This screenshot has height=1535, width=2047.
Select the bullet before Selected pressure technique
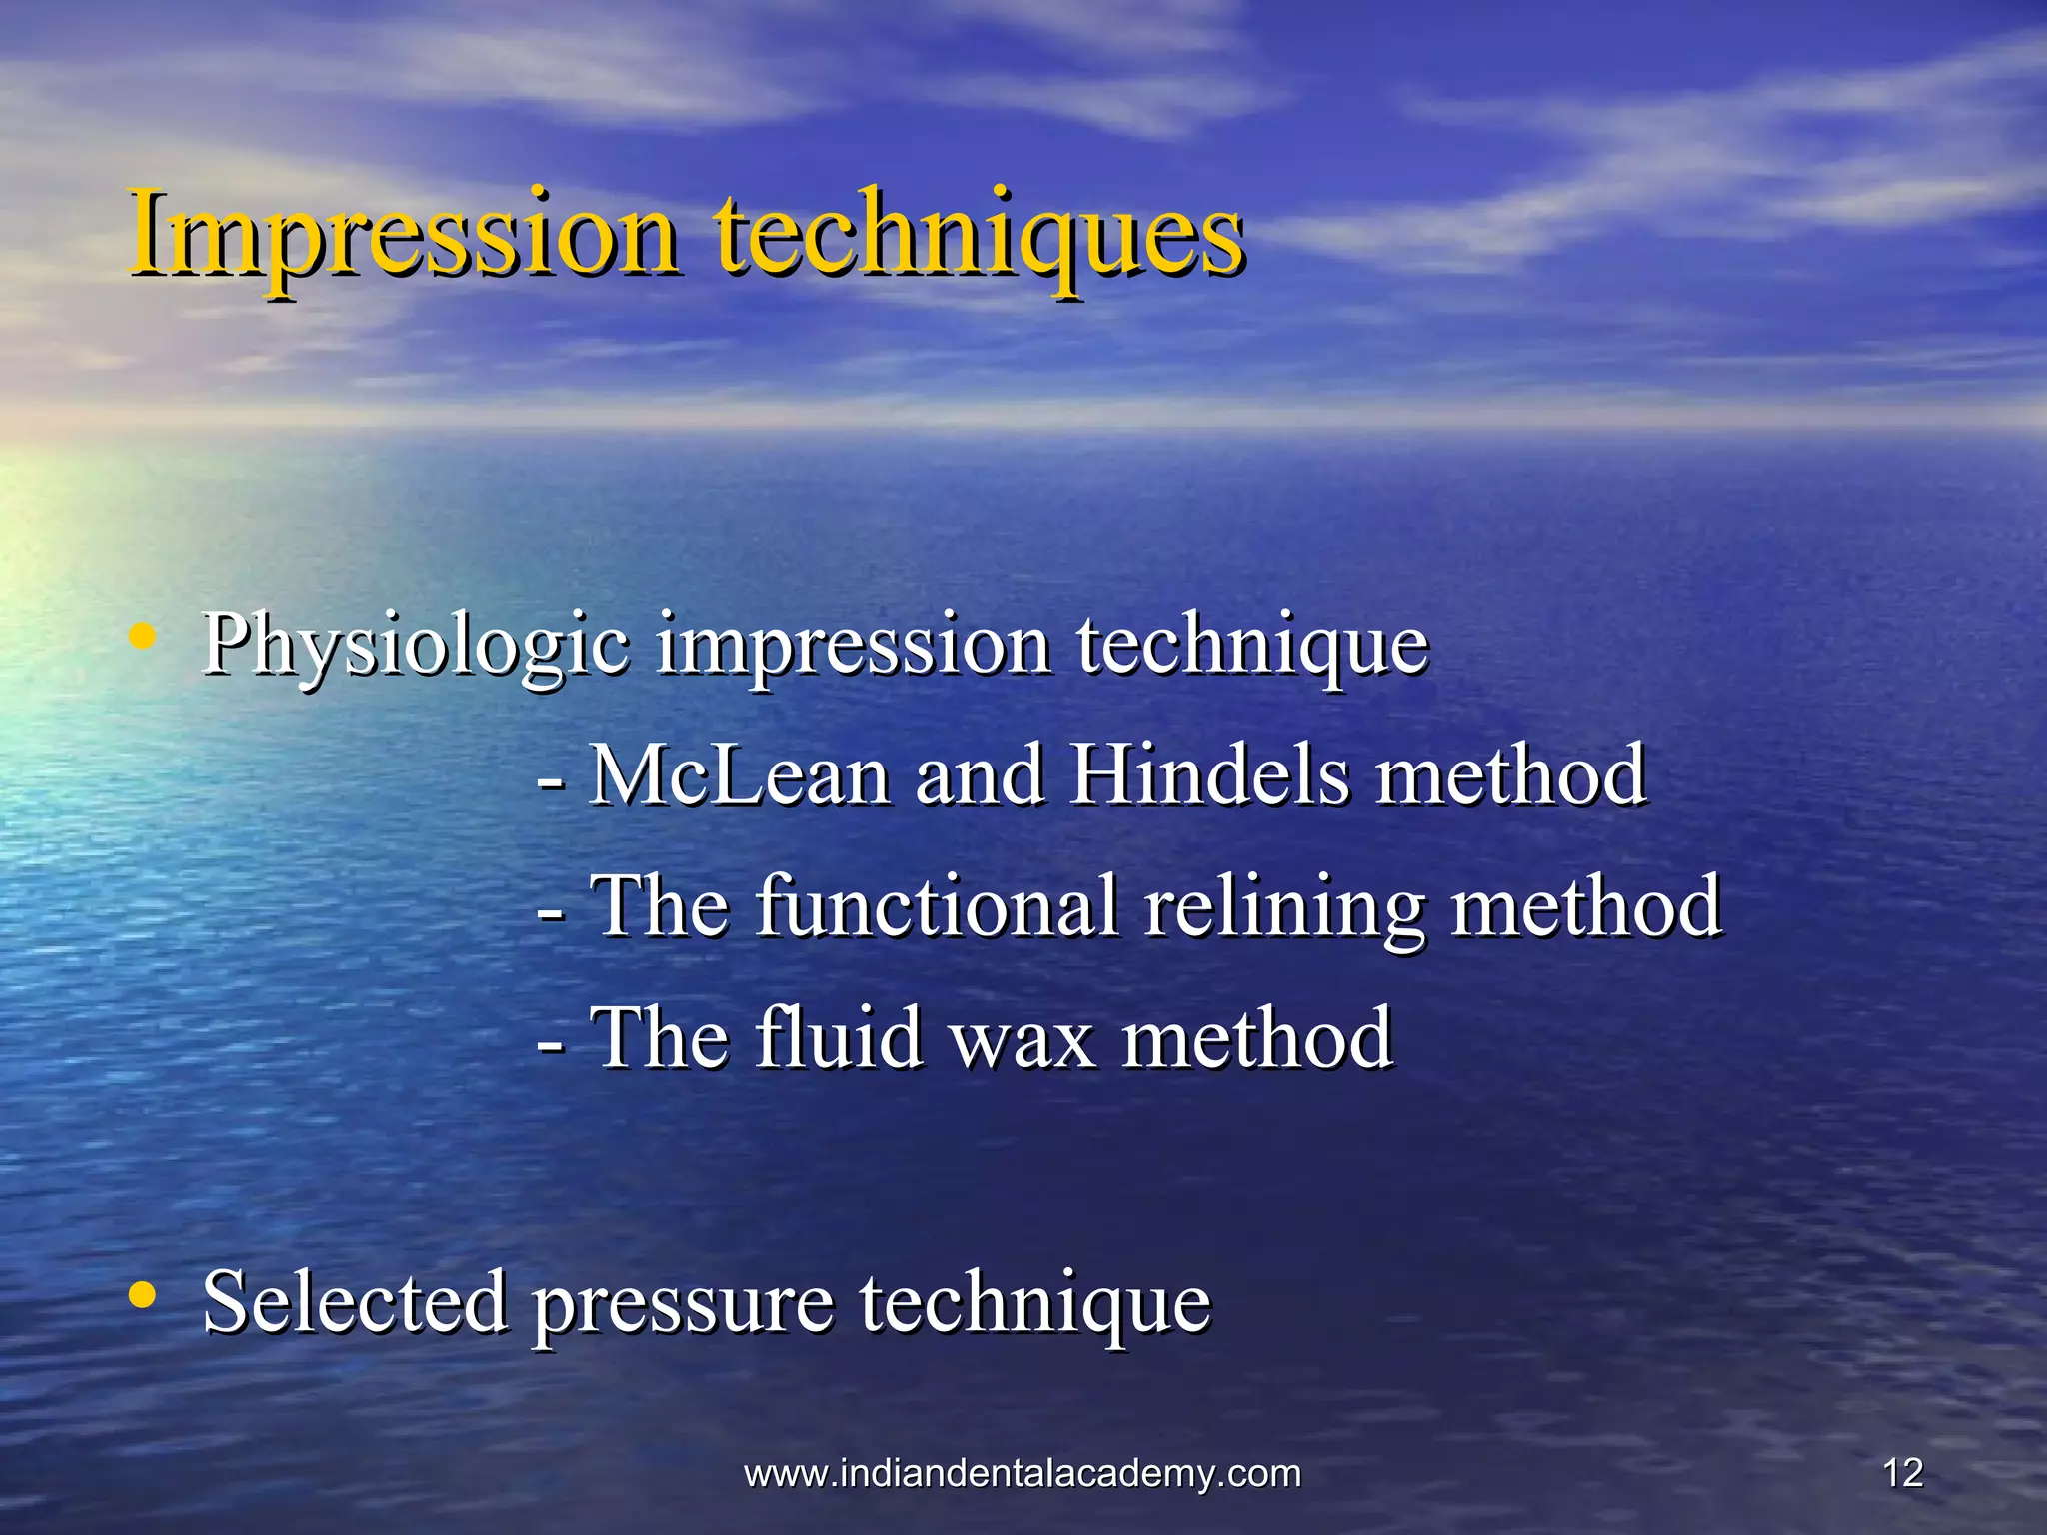144,1295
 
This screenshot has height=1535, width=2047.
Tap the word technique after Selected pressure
1035,1303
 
